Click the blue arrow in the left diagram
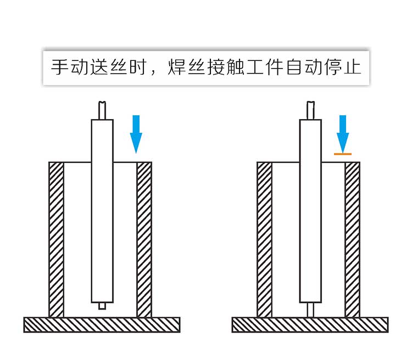(x=136, y=133)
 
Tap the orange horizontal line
(x=343, y=154)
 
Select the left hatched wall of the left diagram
(x=56, y=239)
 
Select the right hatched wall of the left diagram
(x=144, y=239)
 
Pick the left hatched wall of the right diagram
(x=264, y=239)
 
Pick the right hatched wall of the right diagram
(x=352, y=239)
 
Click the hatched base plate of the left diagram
(x=102, y=325)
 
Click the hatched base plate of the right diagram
(x=310, y=325)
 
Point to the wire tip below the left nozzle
(x=102, y=306)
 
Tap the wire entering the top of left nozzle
(x=102, y=110)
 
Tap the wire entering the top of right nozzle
(x=310, y=110)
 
